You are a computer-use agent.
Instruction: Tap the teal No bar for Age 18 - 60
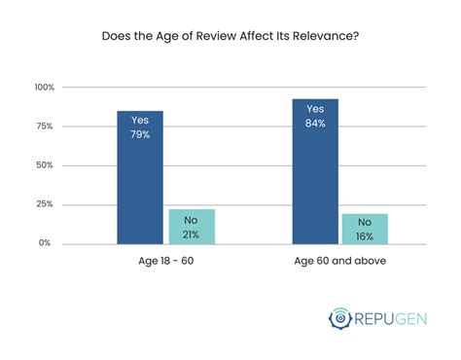pos(192,227)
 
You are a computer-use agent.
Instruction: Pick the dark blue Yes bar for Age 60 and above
pos(314,175)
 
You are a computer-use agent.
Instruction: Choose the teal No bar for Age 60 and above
pos(365,229)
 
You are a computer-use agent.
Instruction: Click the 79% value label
pos(140,134)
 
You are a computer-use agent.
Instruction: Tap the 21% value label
pos(192,233)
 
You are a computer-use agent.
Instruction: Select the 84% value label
pos(314,123)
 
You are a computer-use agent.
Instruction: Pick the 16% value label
pos(365,235)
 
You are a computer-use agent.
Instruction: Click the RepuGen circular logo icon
pos(340,319)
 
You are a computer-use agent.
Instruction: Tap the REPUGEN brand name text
pos(394,319)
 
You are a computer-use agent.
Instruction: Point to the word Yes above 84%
pos(314,109)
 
